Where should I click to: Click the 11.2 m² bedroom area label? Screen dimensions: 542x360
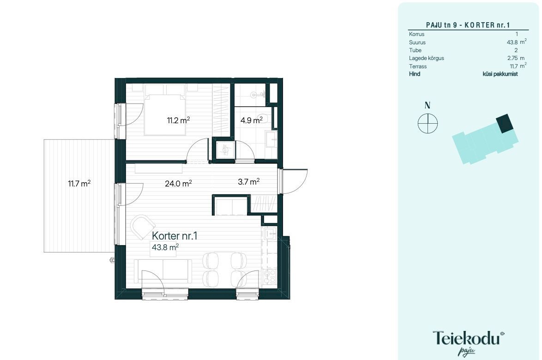[x=178, y=120]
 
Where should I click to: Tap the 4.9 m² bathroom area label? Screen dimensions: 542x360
[x=252, y=120]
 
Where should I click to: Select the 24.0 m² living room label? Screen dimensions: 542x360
[x=178, y=183]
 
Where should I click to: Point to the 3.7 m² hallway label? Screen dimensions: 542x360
[x=249, y=181]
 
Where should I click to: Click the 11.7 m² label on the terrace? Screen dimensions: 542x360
[x=79, y=183]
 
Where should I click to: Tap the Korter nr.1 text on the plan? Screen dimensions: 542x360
[x=175, y=236]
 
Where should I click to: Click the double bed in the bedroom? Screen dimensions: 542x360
[x=166, y=109]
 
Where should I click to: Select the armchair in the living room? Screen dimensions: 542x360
[x=142, y=227]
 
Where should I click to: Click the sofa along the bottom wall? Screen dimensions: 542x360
[x=163, y=271]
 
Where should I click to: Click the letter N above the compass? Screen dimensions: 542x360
[x=428, y=105]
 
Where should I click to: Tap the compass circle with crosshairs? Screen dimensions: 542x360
[x=428, y=123]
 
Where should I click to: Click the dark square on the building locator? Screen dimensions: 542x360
[x=505, y=123]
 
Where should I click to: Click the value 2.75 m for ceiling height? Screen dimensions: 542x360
[x=516, y=58]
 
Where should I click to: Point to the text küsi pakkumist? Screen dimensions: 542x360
[x=500, y=74]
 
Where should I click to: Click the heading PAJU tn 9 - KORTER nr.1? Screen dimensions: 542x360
[x=468, y=25]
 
